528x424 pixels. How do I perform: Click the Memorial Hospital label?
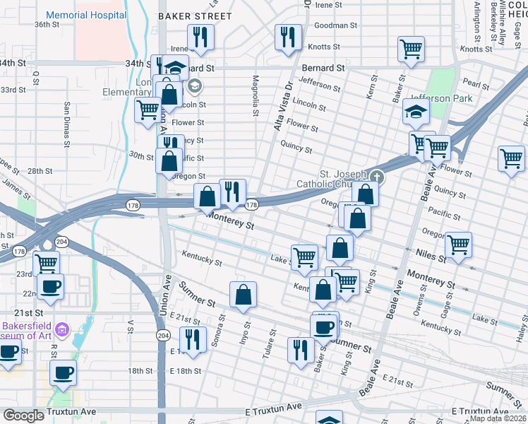pyautogui.click(x=86, y=15)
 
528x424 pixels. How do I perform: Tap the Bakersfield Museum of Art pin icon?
pyautogui.click(x=61, y=329)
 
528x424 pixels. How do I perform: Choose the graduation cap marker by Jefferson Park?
pyautogui.click(x=416, y=112)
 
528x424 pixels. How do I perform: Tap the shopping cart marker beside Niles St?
pyautogui.click(x=459, y=245)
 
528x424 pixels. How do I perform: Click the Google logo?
pyautogui.click(x=23, y=416)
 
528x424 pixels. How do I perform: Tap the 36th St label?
pyautogui.click(x=47, y=24)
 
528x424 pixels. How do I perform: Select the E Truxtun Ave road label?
pyautogui.click(x=274, y=408)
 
